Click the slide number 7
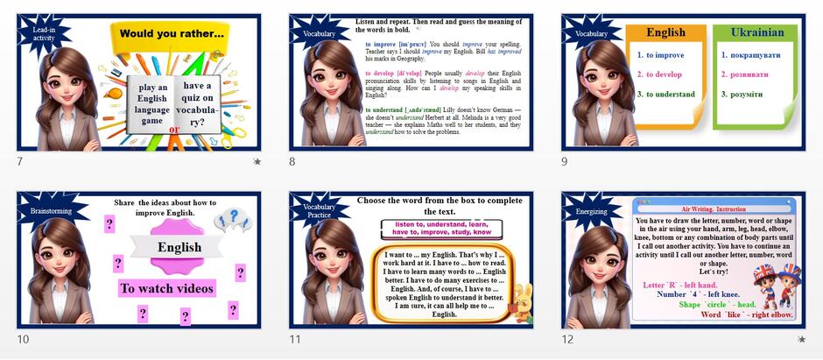click(x=20, y=161)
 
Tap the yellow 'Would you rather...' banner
click(x=172, y=34)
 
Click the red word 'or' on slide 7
click(x=173, y=129)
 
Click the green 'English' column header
click(x=665, y=32)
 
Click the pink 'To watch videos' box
click(x=166, y=288)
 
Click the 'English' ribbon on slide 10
click(x=179, y=248)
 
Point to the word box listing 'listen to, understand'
click(x=441, y=229)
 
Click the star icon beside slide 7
click(x=257, y=161)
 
